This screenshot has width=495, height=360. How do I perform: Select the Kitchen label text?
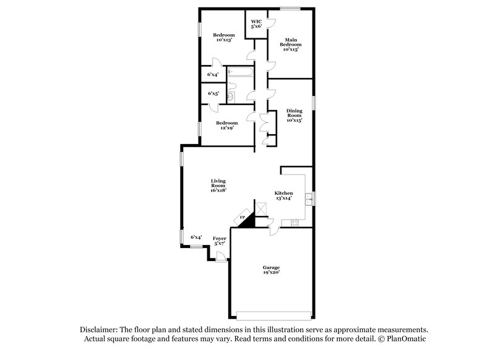tap(283, 193)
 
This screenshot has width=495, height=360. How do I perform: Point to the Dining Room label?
tap(293, 115)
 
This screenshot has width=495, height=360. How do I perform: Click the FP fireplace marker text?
tap(242, 218)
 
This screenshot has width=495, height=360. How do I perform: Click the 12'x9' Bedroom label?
tap(226, 126)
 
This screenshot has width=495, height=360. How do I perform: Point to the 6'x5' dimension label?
tap(213, 93)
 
